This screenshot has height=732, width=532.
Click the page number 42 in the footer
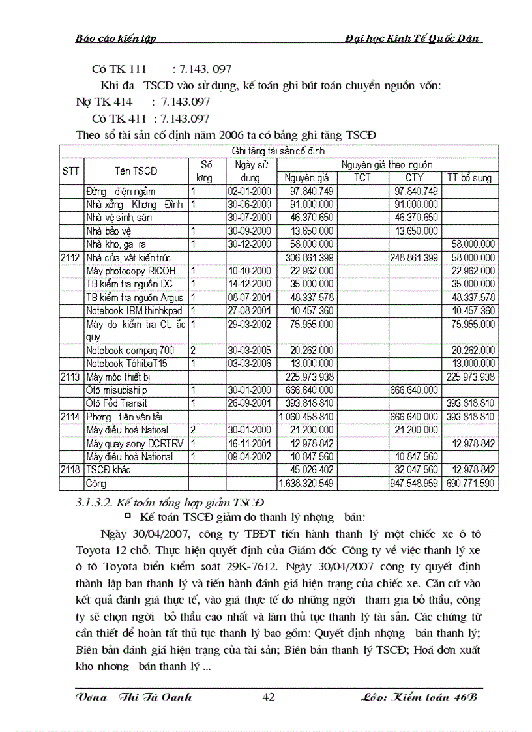point(269,697)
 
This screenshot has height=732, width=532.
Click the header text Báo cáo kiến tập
point(115,38)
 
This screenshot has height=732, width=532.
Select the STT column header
point(71,171)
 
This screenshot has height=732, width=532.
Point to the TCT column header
point(362,177)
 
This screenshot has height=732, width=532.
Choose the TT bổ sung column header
point(469,177)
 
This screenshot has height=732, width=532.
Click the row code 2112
point(70,257)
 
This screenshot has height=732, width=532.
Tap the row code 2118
point(70,470)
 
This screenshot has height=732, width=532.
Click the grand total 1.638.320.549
point(306,484)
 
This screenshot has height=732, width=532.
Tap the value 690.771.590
point(470,484)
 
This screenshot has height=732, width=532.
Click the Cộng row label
point(96,484)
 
